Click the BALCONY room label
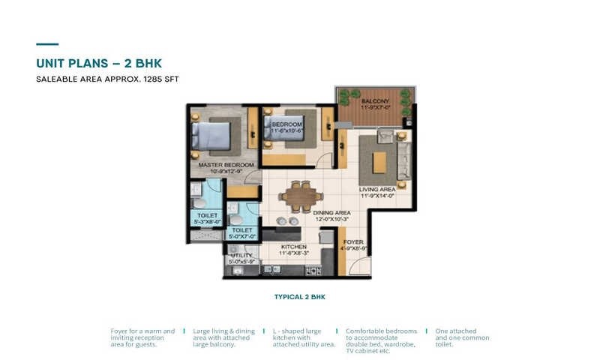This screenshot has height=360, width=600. (x=373, y=101)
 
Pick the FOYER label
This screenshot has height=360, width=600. (x=354, y=243)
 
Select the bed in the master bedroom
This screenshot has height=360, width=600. (x=211, y=136)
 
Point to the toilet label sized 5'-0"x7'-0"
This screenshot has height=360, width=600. (x=241, y=234)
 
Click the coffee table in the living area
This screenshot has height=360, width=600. (x=379, y=160)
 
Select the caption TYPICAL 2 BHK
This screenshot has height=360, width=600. (x=299, y=297)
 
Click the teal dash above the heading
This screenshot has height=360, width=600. (x=47, y=44)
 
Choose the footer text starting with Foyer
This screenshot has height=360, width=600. (x=142, y=337)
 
